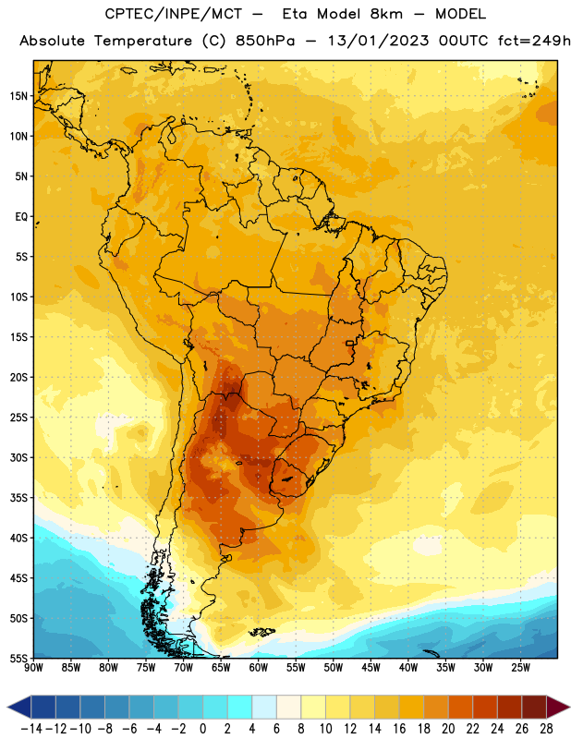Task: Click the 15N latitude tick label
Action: [18, 96]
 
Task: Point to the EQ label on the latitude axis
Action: [21, 217]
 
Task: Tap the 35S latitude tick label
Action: [18, 498]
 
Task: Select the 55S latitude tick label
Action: [18, 658]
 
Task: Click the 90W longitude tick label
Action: [33, 668]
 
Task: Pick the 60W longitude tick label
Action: [259, 668]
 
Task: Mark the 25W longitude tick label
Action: [520, 668]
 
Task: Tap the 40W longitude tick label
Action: [408, 668]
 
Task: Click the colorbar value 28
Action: [546, 729]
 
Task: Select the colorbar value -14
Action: [31, 729]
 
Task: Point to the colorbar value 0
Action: [202, 729]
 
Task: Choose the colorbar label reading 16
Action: [399, 729]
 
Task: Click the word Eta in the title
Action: [295, 14]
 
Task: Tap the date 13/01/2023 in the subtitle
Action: [378, 41]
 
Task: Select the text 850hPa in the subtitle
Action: [265, 41]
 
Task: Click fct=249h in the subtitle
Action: [534, 41]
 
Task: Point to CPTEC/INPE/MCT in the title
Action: [173, 14]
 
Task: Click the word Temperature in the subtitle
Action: [142, 42]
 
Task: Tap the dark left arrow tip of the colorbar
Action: [8, 708]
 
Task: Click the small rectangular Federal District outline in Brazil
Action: [350, 343]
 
